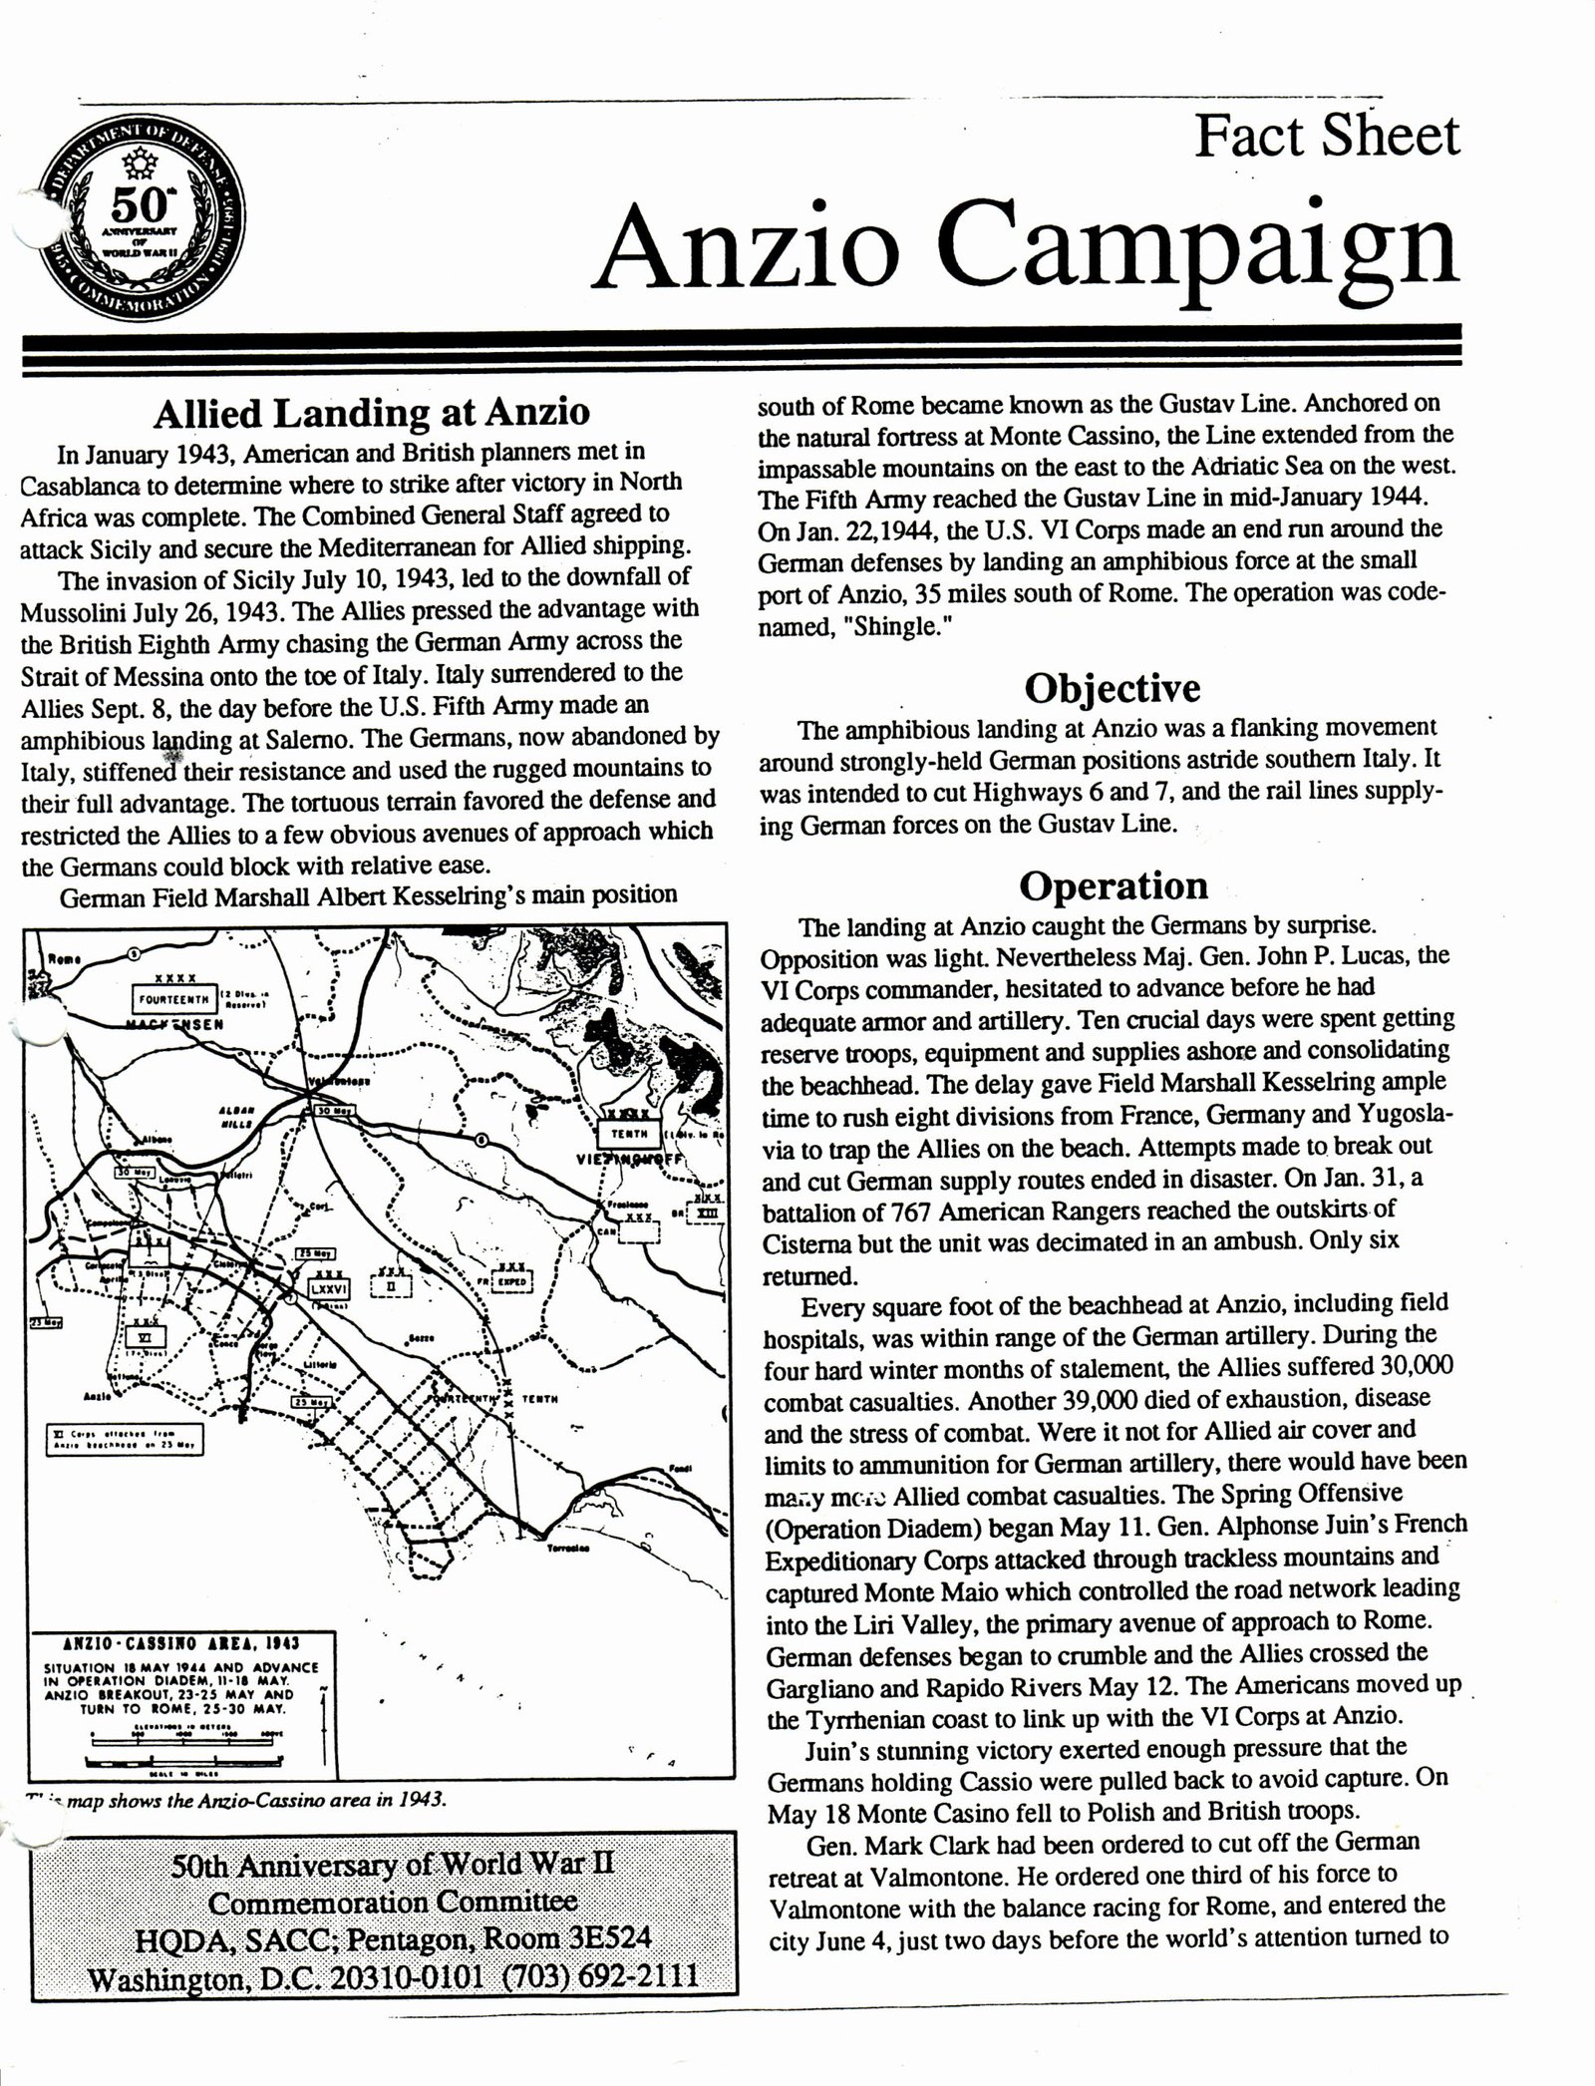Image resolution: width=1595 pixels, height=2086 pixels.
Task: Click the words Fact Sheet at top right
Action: (1327, 138)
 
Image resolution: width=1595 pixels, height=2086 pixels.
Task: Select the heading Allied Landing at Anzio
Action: (371, 412)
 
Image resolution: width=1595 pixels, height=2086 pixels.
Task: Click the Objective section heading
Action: (1113, 688)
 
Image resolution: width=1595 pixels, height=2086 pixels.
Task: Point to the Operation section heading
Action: (1113, 885)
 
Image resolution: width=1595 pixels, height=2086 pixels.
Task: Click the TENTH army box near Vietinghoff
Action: (629, 1133)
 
